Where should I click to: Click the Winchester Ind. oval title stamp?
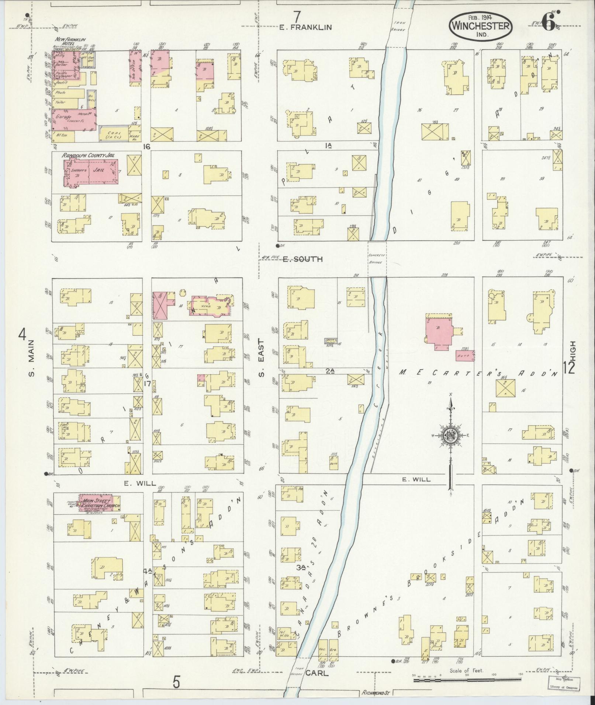[481, 25]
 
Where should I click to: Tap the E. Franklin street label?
[305, 27]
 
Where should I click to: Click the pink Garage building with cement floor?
[74, 119]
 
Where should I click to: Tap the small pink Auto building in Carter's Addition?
[465, 355]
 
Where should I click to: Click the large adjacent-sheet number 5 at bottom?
[177, 682]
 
